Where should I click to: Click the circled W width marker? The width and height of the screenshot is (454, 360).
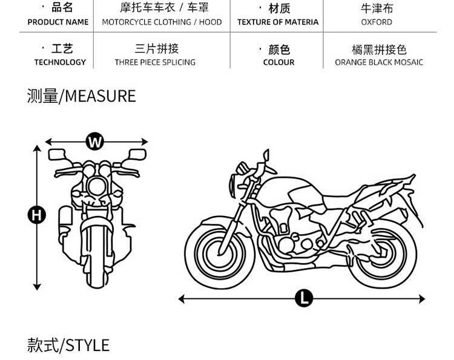[x=94, y=142]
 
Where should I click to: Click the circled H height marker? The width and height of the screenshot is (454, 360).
[x=37, y=214]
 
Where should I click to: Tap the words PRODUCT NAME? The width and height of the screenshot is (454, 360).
[x=58, y=22]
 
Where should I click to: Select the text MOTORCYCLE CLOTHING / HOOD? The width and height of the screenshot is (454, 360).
[x=162, y=22]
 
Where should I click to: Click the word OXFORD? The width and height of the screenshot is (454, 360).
[x=377, y=22]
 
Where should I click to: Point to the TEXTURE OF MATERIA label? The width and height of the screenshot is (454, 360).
[x=278, y=22]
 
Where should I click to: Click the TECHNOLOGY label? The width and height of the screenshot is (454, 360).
[x=60, y=62]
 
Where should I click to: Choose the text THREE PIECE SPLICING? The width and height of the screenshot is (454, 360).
[x=155, y=62]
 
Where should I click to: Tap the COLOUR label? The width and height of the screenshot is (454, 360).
[x=278, y=62]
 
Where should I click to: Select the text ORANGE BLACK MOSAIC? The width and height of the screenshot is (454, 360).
[x=379, y=62]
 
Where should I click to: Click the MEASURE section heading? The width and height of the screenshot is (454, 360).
[x=81, y=96]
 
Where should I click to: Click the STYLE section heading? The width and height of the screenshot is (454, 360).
[x=68, y=345]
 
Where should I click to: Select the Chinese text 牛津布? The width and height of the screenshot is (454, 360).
[x=377, y=8]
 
